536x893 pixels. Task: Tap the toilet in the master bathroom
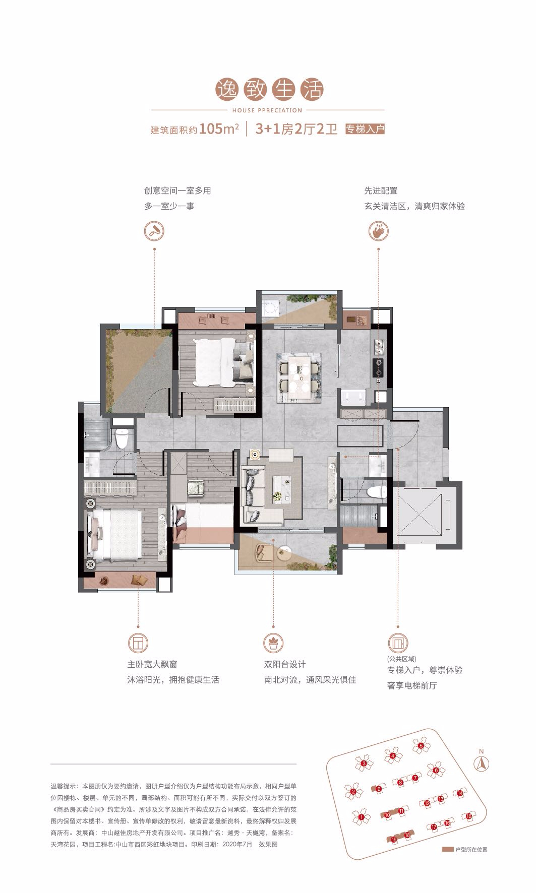121,438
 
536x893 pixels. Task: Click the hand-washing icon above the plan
378,232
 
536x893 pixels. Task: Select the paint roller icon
154,232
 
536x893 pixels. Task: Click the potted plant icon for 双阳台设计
273,643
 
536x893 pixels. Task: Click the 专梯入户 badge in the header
365,129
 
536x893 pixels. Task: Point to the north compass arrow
481,763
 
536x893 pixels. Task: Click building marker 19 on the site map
394,840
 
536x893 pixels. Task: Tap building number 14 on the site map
459,794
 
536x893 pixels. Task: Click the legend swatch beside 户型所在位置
448,850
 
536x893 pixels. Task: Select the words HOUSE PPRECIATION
267,110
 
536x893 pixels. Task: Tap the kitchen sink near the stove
379,347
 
